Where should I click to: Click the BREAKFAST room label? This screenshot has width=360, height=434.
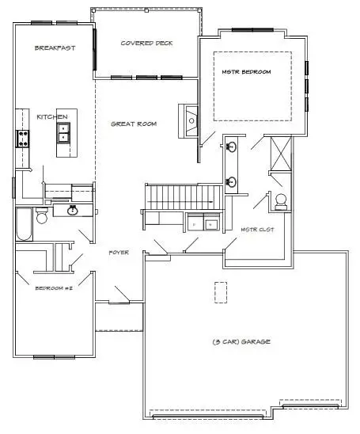coord(55,48)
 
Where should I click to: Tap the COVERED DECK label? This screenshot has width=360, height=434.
coord(146,43)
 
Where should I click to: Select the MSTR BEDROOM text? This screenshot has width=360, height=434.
coord(246,72)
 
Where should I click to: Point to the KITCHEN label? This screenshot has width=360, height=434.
coord(52,116)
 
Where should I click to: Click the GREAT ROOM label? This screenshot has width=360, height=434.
coord(133,124)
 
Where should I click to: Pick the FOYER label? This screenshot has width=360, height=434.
coord(119,252)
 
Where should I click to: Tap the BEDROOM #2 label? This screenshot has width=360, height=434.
coord(55,288)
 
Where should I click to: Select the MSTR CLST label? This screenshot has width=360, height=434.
coord(256,229)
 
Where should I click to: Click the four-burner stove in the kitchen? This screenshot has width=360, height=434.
coord(21,139)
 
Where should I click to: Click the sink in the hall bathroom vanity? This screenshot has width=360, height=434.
coord(72,211)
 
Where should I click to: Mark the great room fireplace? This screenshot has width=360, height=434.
coord(189,121)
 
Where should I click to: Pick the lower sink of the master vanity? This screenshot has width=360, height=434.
coord(231,182)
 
